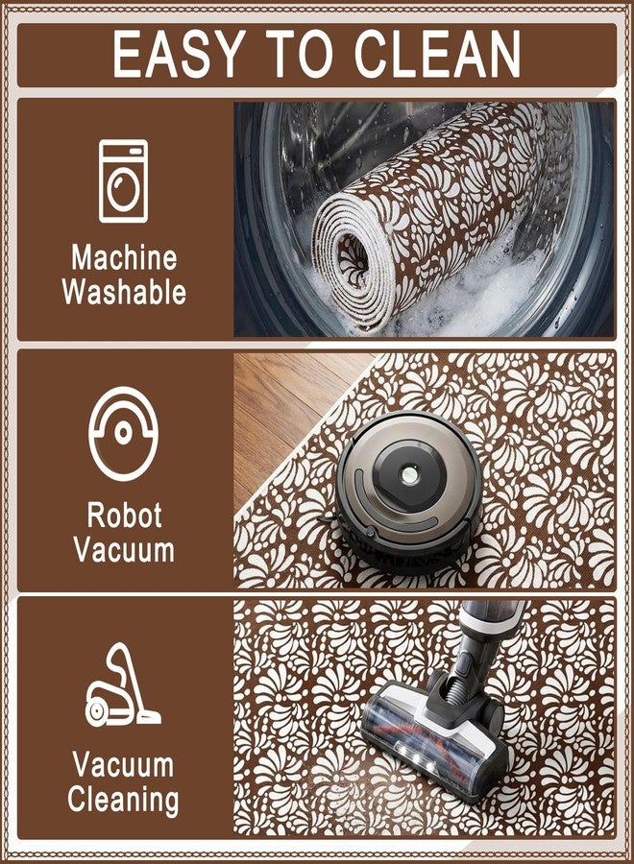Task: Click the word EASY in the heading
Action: point(178,54)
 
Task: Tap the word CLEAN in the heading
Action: point(437,54)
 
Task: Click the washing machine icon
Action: point(124,180)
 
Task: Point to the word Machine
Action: point(124,258)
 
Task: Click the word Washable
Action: point(124,292)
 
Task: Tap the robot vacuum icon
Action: point(124,433)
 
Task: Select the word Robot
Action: point(125,515)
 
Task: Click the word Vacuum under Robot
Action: point(125,549)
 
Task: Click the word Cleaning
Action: point(124,800)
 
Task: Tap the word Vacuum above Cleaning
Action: point(124,765)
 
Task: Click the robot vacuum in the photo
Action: point(408,492)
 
